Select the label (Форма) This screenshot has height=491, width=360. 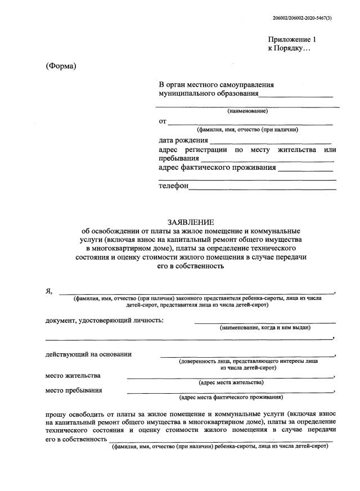[60, 66]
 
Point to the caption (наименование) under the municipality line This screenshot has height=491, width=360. [247, 111]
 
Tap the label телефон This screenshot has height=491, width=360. [173, 186]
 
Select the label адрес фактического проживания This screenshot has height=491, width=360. [217, 167]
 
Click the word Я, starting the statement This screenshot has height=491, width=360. [49, 291]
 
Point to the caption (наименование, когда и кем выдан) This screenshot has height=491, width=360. [265, 327]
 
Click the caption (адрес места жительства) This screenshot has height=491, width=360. [231, 382]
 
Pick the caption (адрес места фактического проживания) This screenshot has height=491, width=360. [231, 397]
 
